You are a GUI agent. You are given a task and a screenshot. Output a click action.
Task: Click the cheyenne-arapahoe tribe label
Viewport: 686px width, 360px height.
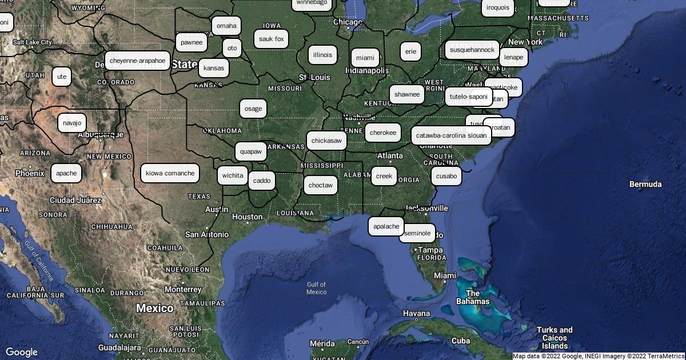[x=137, y=61]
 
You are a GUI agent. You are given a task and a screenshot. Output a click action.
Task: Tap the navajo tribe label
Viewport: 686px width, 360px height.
[x=72, y=123]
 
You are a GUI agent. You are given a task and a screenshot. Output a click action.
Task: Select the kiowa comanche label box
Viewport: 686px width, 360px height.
[x=170, y=173]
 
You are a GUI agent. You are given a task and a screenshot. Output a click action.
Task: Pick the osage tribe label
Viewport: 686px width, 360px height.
[x=253, y=109]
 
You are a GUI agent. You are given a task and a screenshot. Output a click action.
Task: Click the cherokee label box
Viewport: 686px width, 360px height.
[x=382, y=133]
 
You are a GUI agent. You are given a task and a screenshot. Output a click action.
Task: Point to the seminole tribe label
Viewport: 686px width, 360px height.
[x=417, y=233]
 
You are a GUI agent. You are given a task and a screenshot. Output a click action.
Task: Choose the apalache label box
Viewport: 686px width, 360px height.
[x=386, y=226]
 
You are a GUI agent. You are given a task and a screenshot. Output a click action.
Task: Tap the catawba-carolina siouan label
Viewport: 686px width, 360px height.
[x=451, y=135]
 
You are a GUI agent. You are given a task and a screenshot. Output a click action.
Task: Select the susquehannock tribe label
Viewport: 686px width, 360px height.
[x=472, y=50]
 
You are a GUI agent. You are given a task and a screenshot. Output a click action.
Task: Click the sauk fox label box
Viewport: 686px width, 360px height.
[x=271, y=39]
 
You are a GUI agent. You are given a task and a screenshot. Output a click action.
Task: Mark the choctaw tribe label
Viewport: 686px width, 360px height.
[x=320, y=185]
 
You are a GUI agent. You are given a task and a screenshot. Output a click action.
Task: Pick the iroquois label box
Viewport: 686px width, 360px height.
[x=497, y=7]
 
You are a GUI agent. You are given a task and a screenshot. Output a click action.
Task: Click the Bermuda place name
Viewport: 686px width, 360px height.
[x=645, y=184]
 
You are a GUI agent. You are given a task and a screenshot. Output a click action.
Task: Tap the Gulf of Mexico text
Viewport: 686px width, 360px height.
[x=316, y=288]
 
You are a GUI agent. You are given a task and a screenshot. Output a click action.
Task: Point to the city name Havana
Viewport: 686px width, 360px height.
[x=416, y=313]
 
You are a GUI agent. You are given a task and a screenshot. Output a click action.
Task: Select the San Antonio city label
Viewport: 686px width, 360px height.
[x=206, y=234]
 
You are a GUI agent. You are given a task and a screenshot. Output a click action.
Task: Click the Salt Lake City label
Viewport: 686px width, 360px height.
[x=33, y=42]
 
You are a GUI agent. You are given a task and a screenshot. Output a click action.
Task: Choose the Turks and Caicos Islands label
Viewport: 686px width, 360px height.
[x=555, y=337]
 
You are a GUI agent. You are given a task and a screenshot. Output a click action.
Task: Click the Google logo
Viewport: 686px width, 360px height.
[x=22, y=352]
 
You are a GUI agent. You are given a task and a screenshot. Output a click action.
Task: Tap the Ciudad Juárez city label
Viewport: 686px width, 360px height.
[x=75, y=200]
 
